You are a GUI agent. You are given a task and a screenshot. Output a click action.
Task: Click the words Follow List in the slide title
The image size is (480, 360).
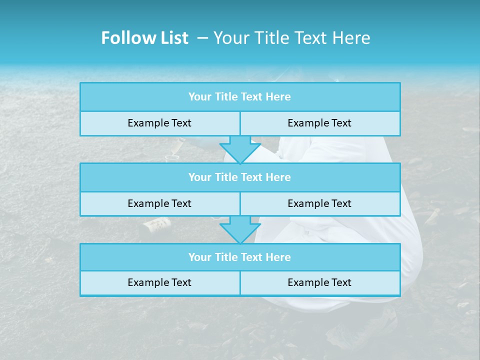pyautogui.click(x=144, y=38)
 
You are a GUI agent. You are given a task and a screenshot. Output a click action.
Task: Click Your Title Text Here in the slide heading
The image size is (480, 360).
pyautogui.click(x=291, y=38)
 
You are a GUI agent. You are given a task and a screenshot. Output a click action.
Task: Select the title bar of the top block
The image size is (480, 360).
pyautogui.click(x=240, y=97)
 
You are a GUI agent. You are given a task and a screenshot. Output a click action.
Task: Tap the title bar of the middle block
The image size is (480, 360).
pyautogui.click(x=240, y=177)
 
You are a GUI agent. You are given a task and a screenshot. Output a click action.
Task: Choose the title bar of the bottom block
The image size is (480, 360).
pyautogui.click(x=240, y=257)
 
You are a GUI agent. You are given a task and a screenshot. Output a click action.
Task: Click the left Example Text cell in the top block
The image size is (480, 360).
pyautogui.click(x=159, y=123)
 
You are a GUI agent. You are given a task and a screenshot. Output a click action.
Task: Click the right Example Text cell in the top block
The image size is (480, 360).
pyautogui.click(x=319, y=123)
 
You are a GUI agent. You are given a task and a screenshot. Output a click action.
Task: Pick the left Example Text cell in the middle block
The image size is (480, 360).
pyautogui.click(x=159, y=203)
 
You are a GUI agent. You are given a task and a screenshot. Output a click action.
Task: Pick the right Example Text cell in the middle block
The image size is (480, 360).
pyautogui.click(x=319, y=203)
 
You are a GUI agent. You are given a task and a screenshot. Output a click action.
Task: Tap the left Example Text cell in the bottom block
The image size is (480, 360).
pyautogui.click(x=159, y=282)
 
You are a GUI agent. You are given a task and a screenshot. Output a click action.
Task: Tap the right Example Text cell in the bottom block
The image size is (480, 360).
pyautogui.click(x=319, y=282)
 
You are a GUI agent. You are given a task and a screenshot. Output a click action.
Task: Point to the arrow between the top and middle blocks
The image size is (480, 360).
pyautogui.click(x=240, y=149)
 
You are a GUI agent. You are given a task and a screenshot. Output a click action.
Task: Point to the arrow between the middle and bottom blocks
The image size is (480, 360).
pyautogui.click(x=240, y=230)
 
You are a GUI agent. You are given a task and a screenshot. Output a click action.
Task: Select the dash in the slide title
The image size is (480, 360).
pyautogui.click(x=202, y=38)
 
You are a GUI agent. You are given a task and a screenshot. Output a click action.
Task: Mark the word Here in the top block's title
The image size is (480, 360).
pyautogui.click(x=278, y=97)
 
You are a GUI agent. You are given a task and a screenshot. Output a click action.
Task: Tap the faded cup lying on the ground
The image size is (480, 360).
pyautogui.click(x=156, y=225)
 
